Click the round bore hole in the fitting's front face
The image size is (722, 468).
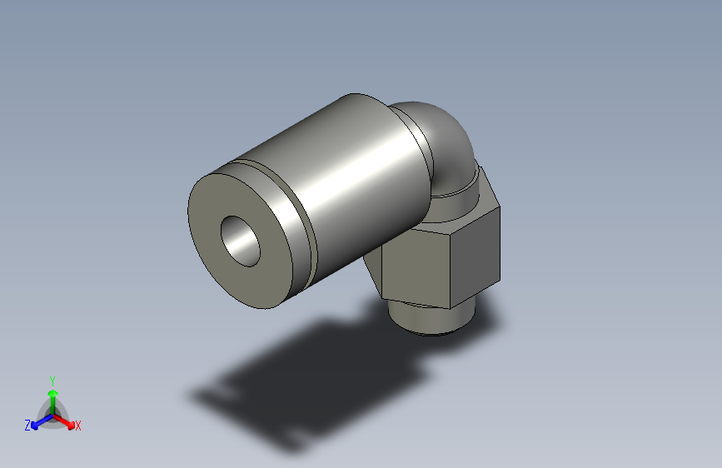pyautogui.click(x=241, y=240)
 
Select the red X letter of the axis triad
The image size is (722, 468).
pyautogui.click(x=78, y=426)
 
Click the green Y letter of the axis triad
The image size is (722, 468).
pyautogui.click(x=52, y=379)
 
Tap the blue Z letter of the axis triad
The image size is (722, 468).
pyautogui.click(x=27, y=426)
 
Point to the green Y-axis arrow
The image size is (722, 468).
pyautogui.click(x=52, y=395)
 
